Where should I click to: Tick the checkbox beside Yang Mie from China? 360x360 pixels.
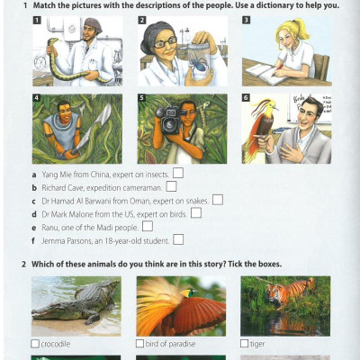178,173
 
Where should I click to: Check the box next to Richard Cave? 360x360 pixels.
171,186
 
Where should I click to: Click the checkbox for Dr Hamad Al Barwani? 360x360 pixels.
218,200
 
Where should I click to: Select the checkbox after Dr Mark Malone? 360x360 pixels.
196,212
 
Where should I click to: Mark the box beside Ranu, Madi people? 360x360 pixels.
148,226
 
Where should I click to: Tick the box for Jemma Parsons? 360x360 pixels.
178,239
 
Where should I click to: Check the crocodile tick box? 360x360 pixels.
35,344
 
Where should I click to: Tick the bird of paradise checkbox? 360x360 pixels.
139,344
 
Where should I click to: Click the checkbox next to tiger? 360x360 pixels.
245,344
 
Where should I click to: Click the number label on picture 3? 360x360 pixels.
246,20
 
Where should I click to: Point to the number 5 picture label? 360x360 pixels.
141,98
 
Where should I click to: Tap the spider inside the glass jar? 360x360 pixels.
198,64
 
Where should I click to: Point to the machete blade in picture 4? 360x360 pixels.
96,122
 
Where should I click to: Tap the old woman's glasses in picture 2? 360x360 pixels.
165,42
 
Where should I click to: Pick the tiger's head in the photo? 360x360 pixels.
274,293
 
